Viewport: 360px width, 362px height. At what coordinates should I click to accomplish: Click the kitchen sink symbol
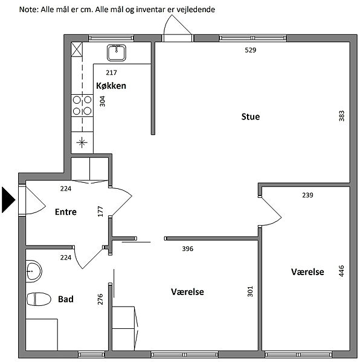117,53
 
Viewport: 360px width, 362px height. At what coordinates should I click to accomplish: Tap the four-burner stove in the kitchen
82,106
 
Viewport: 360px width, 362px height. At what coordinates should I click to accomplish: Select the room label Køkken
111,86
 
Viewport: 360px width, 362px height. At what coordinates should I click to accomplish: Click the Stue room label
251,116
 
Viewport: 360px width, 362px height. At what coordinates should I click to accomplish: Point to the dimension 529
251,50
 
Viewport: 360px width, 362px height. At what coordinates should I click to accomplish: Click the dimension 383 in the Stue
341,116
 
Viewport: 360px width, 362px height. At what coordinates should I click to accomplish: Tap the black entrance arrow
8,200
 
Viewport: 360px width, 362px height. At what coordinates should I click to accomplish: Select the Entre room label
66,212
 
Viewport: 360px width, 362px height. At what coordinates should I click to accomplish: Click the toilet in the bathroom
39,299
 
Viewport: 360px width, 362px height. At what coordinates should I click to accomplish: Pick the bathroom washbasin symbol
34,271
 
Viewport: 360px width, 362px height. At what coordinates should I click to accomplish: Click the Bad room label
66,299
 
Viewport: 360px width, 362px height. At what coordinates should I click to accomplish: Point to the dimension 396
188,249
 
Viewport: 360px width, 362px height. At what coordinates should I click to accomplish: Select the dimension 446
341,271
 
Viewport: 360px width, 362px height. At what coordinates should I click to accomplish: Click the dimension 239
307,195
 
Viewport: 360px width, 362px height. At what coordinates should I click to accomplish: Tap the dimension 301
250,291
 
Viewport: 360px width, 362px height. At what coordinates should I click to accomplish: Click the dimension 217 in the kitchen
111,73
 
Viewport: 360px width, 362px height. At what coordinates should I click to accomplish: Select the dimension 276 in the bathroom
100,299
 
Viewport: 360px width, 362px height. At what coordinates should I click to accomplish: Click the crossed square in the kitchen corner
77,49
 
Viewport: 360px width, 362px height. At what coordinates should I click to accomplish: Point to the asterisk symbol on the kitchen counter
82,142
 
